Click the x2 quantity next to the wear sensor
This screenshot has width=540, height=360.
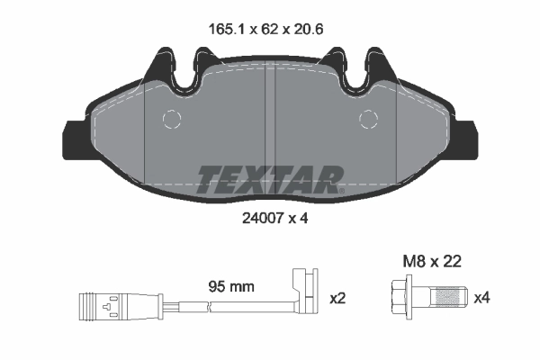(339, 298)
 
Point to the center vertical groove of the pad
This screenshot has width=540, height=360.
(271, 117)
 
